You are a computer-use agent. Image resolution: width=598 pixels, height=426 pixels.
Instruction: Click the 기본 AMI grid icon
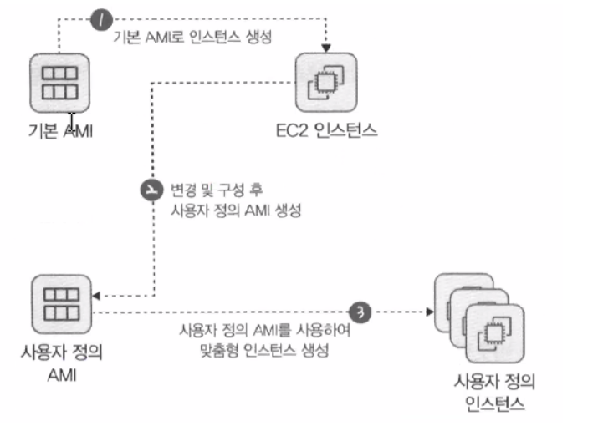point(59,84)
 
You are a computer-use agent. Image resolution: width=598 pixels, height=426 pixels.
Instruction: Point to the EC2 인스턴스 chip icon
point(326,84)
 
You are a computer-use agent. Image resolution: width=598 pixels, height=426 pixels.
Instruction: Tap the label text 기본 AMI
point(59,130)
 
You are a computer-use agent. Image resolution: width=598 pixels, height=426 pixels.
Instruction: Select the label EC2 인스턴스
point(326,130)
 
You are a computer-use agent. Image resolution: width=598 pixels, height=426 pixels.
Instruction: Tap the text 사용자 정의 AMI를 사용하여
point(264,331)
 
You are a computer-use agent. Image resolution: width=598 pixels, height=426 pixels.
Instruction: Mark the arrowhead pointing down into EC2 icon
point(326,43)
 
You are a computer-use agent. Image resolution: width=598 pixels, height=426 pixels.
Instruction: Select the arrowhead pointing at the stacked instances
point(430,312)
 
